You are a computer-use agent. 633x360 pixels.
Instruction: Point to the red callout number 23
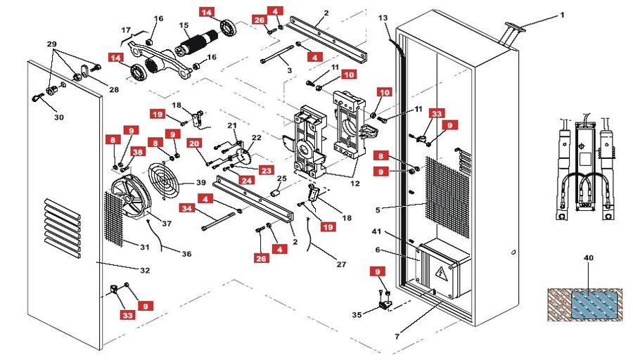265,169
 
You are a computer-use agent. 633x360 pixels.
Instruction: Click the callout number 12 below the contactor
354,184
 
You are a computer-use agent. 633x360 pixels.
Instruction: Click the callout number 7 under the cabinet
397,337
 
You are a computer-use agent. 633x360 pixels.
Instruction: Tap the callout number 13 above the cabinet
383,17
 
